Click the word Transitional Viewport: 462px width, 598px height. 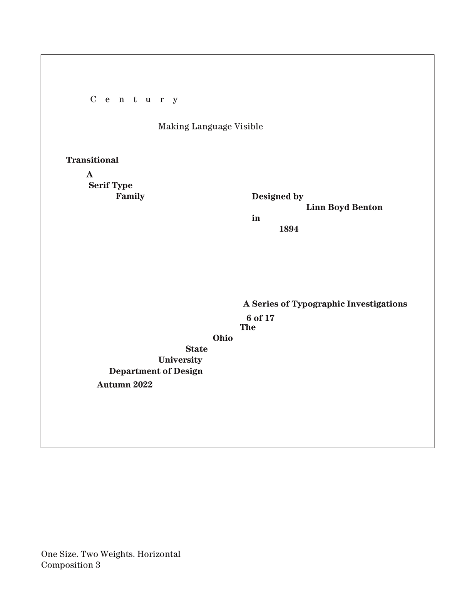(92, 160)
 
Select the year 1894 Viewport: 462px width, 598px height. (289, 229)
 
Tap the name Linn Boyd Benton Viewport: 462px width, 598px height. (344, 207)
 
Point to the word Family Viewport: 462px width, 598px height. (130, 196)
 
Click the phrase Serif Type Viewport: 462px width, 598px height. (110, 185)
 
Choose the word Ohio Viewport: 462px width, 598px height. (223, 338)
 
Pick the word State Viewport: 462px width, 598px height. (196, 349)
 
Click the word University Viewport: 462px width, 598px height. (180, 360)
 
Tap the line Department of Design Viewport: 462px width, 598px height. (156, 371)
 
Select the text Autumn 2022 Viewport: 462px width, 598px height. (124, 385)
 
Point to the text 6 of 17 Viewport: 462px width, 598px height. (260, 318)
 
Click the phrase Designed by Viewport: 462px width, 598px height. (277, 196)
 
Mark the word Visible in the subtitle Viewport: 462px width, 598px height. (249, 126)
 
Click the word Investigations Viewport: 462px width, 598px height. (377, 304)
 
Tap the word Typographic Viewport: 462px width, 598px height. (318, 304)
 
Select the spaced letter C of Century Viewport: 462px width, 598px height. (93, 99)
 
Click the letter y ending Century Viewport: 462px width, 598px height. (175, 100)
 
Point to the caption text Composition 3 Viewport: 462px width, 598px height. (71, 565)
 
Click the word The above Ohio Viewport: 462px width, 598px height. (248, 327)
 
